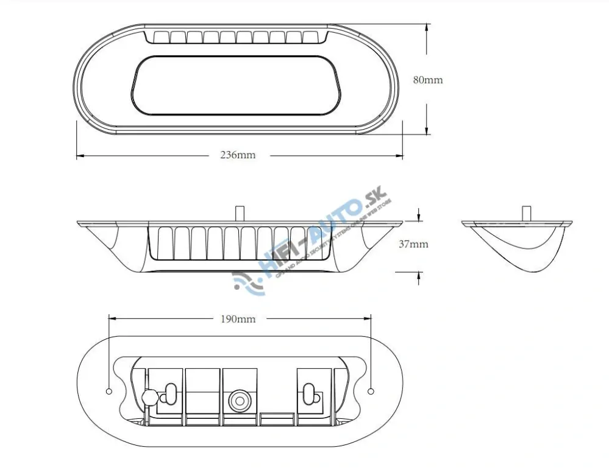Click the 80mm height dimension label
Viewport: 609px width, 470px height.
(428, 80)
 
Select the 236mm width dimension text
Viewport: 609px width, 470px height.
(238, 155)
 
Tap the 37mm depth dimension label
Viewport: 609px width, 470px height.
(413, 245)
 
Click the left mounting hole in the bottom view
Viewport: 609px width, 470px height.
(109, 391)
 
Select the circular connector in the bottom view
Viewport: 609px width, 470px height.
(238, 400)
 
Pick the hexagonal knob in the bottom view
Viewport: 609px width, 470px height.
(148, 397)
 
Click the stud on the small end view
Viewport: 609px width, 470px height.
(526, 214)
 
